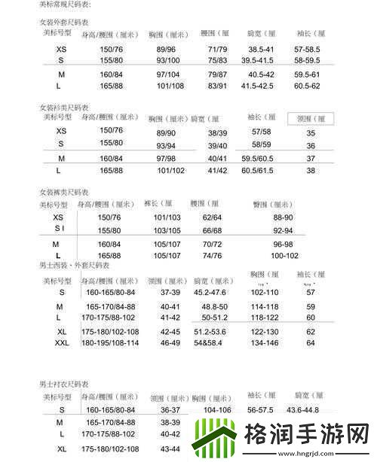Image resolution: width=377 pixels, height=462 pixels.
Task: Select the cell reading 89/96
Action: pyautogui.click(x=166, y=49)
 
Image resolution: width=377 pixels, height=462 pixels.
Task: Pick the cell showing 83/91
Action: pyautogui.click(x=217, y=87)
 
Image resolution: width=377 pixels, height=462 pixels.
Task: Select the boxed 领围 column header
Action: pyautogui.click(x=311, y=119)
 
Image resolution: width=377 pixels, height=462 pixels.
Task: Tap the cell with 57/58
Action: pyautogui.click(x=261, y=132)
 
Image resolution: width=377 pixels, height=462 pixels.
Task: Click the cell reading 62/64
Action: pyautogui.click(x=212, y=217)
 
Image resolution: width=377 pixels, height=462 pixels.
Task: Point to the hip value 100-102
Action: pyautogui.click(x=284, y=256)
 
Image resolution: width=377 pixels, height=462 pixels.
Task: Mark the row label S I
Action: pyautogui.click(x=60, y=229)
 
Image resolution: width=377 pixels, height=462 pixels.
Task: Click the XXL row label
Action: pyautogui.click(x=63, y=343)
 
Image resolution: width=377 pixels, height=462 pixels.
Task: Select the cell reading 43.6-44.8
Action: pyautogui.click(x=302, y=409)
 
